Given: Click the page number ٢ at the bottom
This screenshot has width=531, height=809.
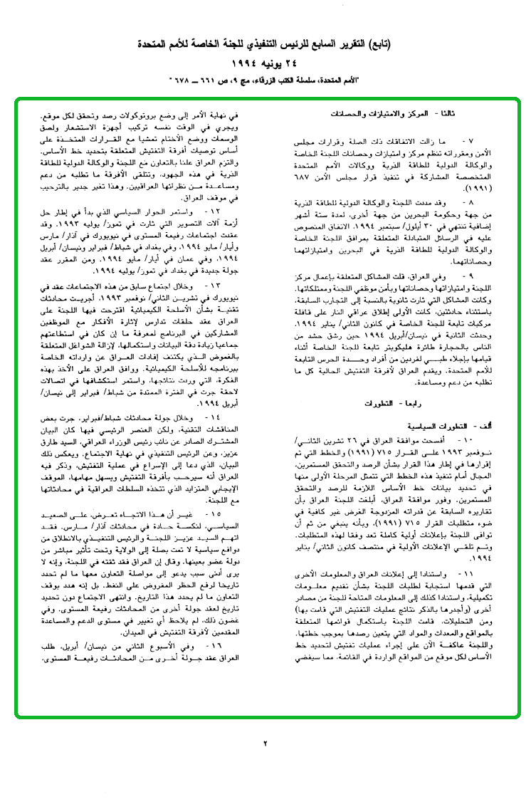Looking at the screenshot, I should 265,743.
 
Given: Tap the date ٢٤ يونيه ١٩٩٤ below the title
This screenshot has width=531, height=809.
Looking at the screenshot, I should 265,63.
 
